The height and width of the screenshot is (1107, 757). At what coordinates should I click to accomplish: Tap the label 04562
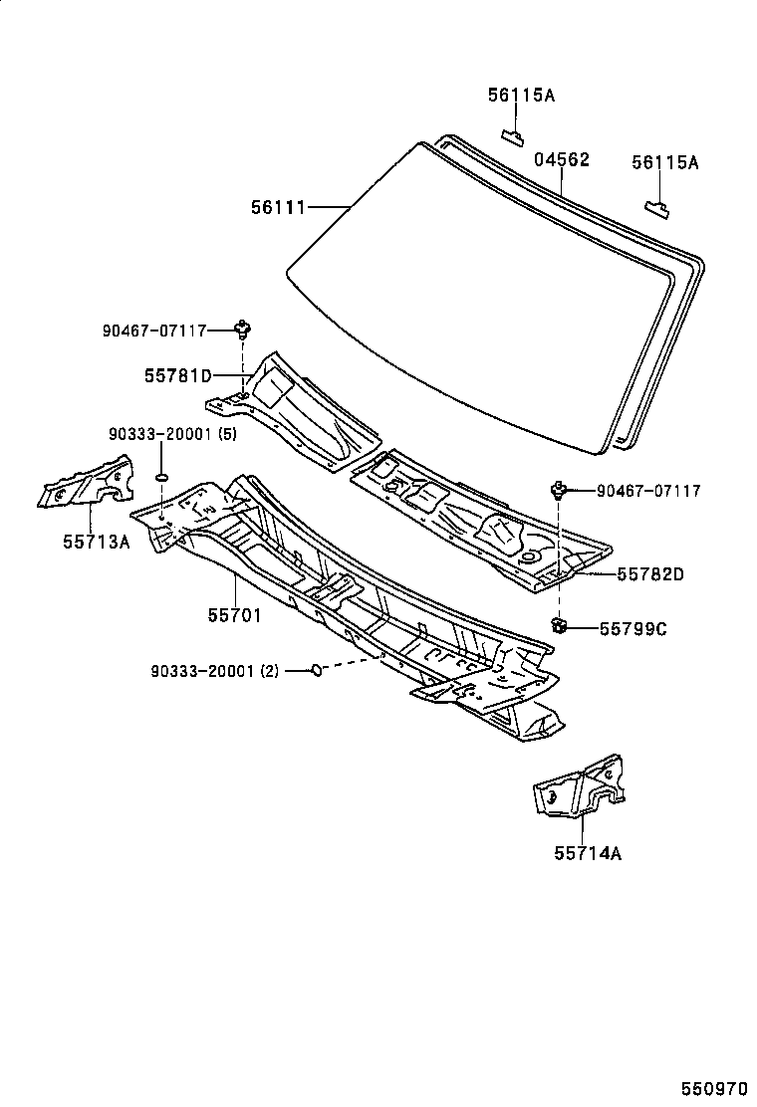tap(561, 159)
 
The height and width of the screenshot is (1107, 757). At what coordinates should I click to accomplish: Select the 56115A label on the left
tap(521, 96)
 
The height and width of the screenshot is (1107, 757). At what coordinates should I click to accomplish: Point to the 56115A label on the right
tap(664, 162)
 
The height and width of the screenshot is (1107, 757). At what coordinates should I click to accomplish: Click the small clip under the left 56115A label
tap(513, 134)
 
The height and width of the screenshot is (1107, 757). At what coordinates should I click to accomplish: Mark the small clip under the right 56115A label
tap(657, 207)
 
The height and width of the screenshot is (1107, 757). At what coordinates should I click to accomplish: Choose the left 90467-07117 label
tap(153, 330)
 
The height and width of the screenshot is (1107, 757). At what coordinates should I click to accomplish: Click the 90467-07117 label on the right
tap(648, 491)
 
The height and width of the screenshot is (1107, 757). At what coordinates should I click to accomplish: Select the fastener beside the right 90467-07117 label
tap(559, 489)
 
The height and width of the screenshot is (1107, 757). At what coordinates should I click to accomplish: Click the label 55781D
tap(178, 375)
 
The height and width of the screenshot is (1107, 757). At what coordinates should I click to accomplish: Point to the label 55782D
tap(650, 573)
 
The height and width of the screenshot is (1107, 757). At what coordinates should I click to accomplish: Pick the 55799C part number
tap(632, 628)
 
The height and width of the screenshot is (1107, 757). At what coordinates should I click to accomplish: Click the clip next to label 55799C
tap(559, 625)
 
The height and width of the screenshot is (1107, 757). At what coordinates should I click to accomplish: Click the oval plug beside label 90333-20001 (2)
tap(316, 670)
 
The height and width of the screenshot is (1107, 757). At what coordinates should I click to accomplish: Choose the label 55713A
tap(98, 543)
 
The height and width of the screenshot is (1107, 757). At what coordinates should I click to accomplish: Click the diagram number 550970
tap(714, 1089)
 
